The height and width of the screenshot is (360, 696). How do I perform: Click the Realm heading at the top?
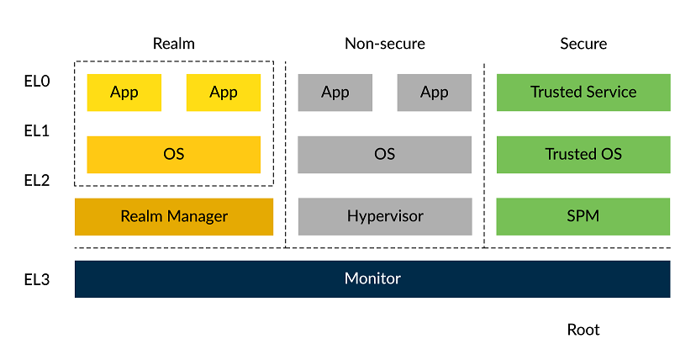tap(174, 44)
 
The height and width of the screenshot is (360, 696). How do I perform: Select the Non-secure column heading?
tap(385, 44)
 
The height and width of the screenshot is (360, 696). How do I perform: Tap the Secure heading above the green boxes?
tap(583, 44)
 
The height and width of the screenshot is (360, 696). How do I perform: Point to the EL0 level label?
tap(37, 82)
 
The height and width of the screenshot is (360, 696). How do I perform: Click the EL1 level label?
tap(37, 131)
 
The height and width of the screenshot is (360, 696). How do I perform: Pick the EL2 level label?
tap(37, 180)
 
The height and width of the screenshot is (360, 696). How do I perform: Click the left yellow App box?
tap(124, 93)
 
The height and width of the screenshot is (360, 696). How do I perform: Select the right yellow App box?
tap(224, 93)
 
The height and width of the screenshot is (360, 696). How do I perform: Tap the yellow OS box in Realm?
tap(174, 155)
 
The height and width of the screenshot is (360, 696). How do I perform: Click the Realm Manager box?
tap(174, 217)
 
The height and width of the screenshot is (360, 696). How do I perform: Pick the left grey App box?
tap(335, 93)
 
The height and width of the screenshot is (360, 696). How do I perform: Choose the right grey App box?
tap(435, 93)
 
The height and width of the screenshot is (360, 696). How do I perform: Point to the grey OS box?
tap(385, 155)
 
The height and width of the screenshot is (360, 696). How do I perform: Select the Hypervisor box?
tap(385, 217)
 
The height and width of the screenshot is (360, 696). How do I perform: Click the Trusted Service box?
tap(583, 93)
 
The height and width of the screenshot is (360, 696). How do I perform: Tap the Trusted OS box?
tap(583, 155)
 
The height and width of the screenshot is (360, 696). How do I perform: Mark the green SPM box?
tap(583, 217)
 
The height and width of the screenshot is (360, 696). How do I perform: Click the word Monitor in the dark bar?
tap(372, 278)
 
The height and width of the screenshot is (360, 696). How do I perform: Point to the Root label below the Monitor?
tap(583, 330)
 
